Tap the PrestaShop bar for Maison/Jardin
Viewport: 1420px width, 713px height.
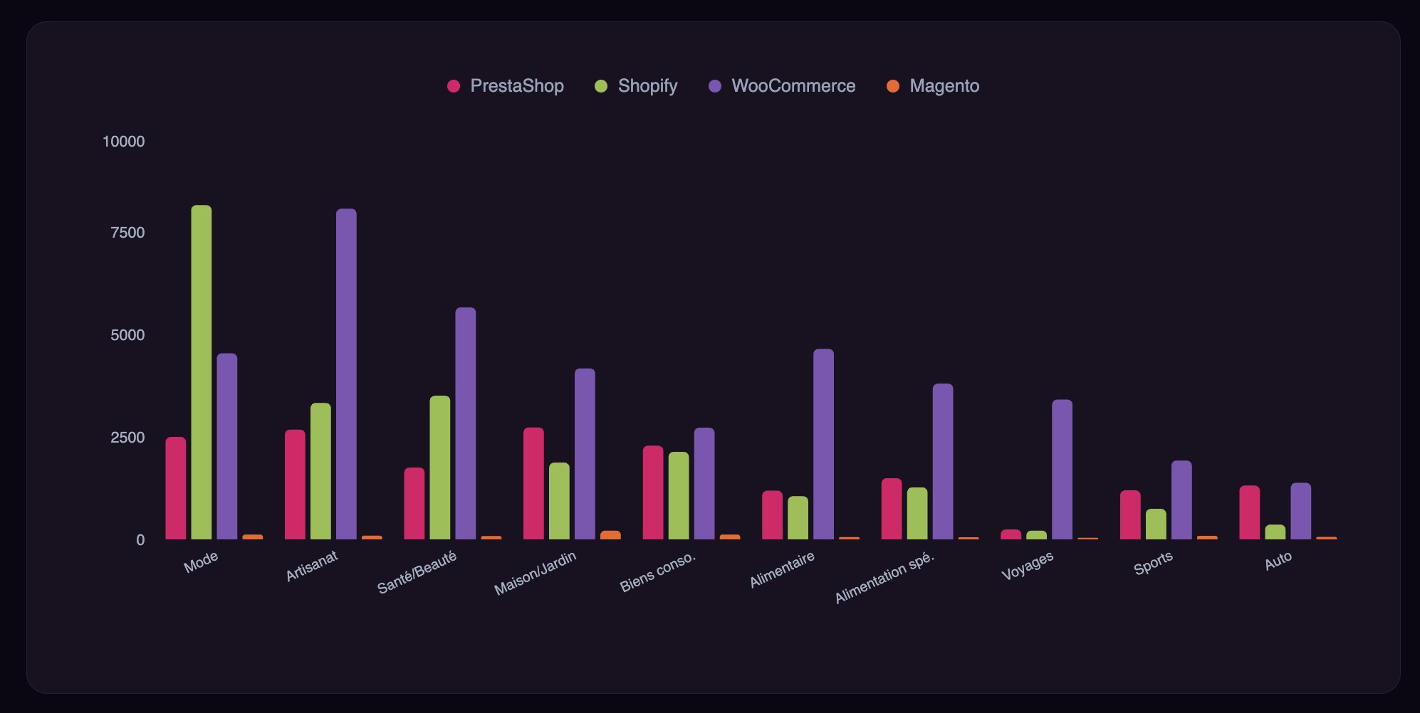533,483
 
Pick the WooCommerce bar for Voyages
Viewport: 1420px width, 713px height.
1062,470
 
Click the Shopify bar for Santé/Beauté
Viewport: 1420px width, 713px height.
440,468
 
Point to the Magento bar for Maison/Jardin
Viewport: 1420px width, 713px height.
610,535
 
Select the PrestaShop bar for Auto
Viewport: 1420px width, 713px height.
1250,512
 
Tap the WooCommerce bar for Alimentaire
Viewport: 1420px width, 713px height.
823,444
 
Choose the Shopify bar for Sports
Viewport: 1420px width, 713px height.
1156,524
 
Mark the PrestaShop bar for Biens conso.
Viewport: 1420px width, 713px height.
653,492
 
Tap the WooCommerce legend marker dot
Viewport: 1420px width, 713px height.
716,86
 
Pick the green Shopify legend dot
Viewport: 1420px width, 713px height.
601,86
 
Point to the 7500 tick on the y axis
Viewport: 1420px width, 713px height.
127,233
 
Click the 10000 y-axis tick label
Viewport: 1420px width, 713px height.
123,142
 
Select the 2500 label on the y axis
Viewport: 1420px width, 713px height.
127,438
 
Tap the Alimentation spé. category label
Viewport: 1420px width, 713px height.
884,578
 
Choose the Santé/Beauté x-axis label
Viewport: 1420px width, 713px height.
417,573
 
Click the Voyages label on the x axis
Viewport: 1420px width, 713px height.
1027,566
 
